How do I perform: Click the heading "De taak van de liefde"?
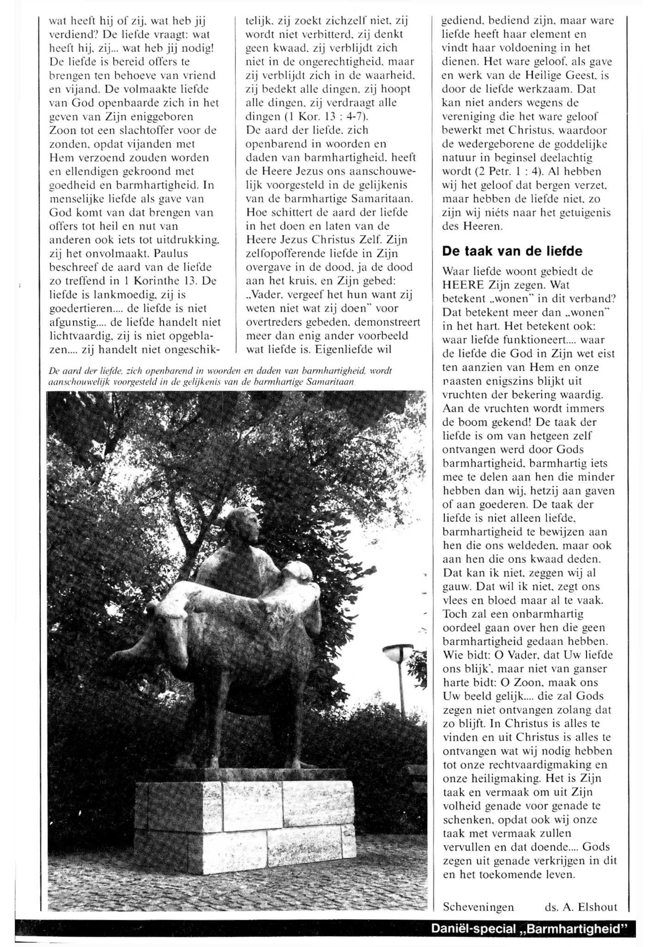512,251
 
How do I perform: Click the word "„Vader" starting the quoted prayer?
266,295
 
